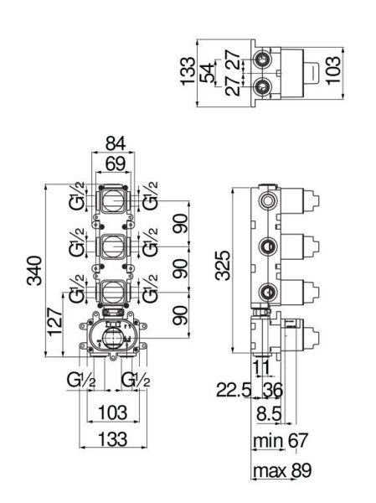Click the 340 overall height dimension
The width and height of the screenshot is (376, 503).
tap(34, 271)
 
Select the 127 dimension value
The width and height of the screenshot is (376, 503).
tap(54, 322)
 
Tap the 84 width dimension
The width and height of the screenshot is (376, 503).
tap(116, 143)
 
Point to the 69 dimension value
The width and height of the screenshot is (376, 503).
tap(116, 163)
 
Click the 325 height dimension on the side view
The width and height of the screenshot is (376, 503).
tap(223, 266)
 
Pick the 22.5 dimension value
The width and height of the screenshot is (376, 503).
tap(233, 390)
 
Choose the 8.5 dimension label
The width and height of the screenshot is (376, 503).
tap(269, 413)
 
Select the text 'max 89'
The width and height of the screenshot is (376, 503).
tap(282, 470)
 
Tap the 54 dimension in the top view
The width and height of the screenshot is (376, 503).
tap(207, 73)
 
